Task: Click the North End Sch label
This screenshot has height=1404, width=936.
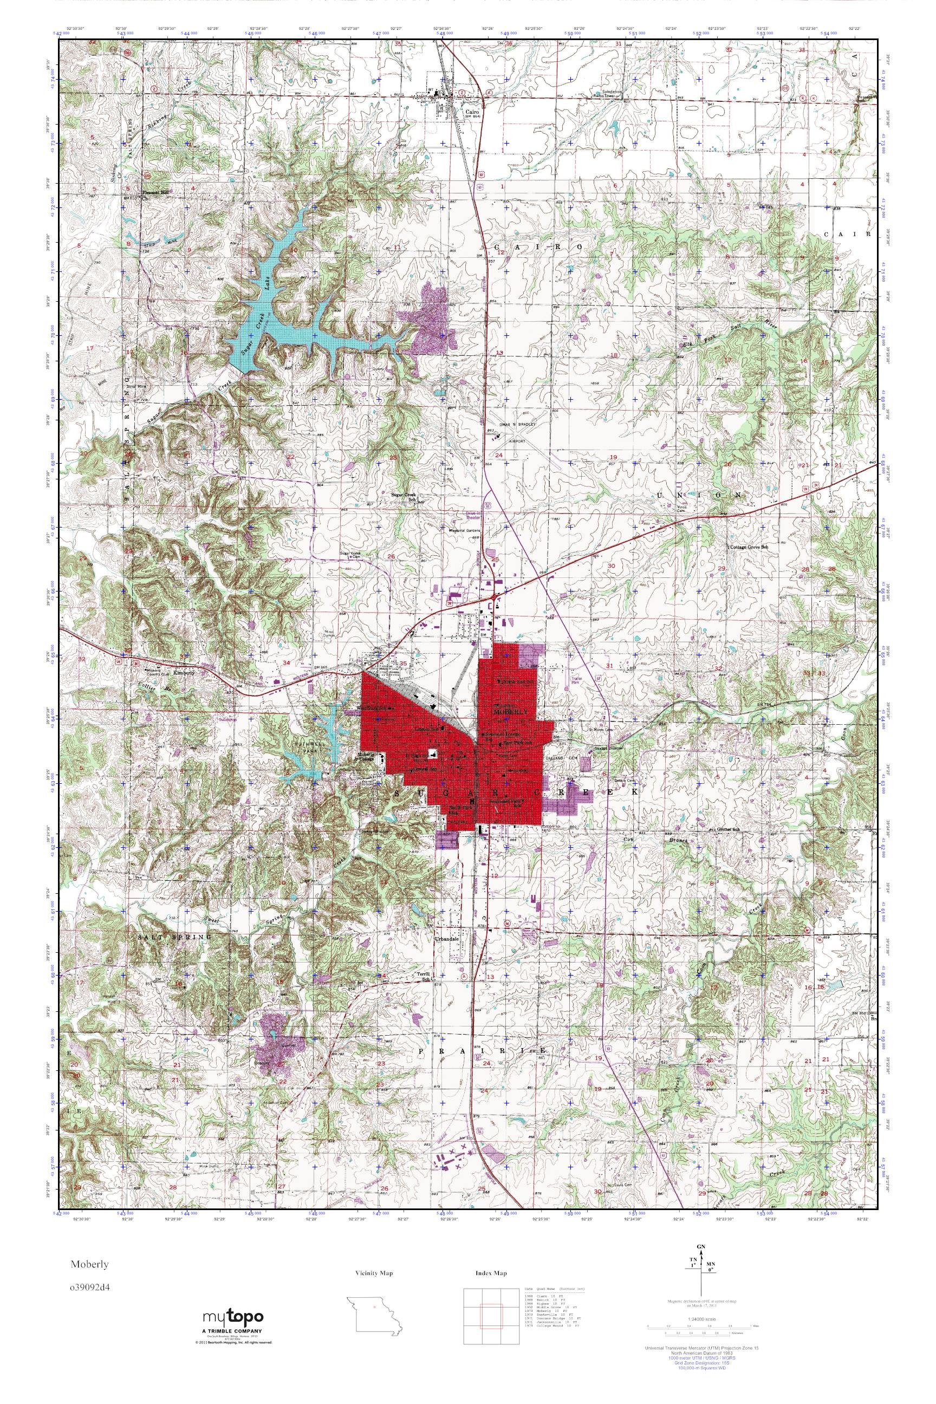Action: point(516,681)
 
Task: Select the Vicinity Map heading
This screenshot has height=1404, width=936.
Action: point(373,1273)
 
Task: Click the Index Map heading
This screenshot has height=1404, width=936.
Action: point(491,1273)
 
